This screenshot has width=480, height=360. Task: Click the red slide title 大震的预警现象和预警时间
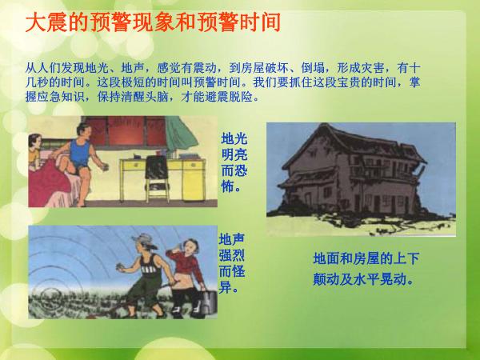pyautogui.click(x=153, y=22)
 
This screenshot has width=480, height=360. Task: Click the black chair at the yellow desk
pyautogui.click(x=157, y=178)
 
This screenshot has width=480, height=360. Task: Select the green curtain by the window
pyautogui.click(x=182, y=134)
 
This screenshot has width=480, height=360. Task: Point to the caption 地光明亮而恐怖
pyautogui.click(x=234, y=162)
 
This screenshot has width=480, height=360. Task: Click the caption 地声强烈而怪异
pyautogui.click(x=232, y=263)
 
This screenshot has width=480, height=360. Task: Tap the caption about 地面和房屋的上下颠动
pyautogui.click(x=366, y=269)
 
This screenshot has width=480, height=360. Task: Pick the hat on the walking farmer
pyautogui.click(x=144, y=240)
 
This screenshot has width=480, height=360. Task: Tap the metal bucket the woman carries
pyautogui.click(x=209, y=301)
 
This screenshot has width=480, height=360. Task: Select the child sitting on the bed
pyautogui.click(x=34, y=152)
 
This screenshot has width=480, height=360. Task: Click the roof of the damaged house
pyautogui.click(x=352, y=144)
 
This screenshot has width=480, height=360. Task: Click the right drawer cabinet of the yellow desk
pyautogui.click(x=194, y=179)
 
